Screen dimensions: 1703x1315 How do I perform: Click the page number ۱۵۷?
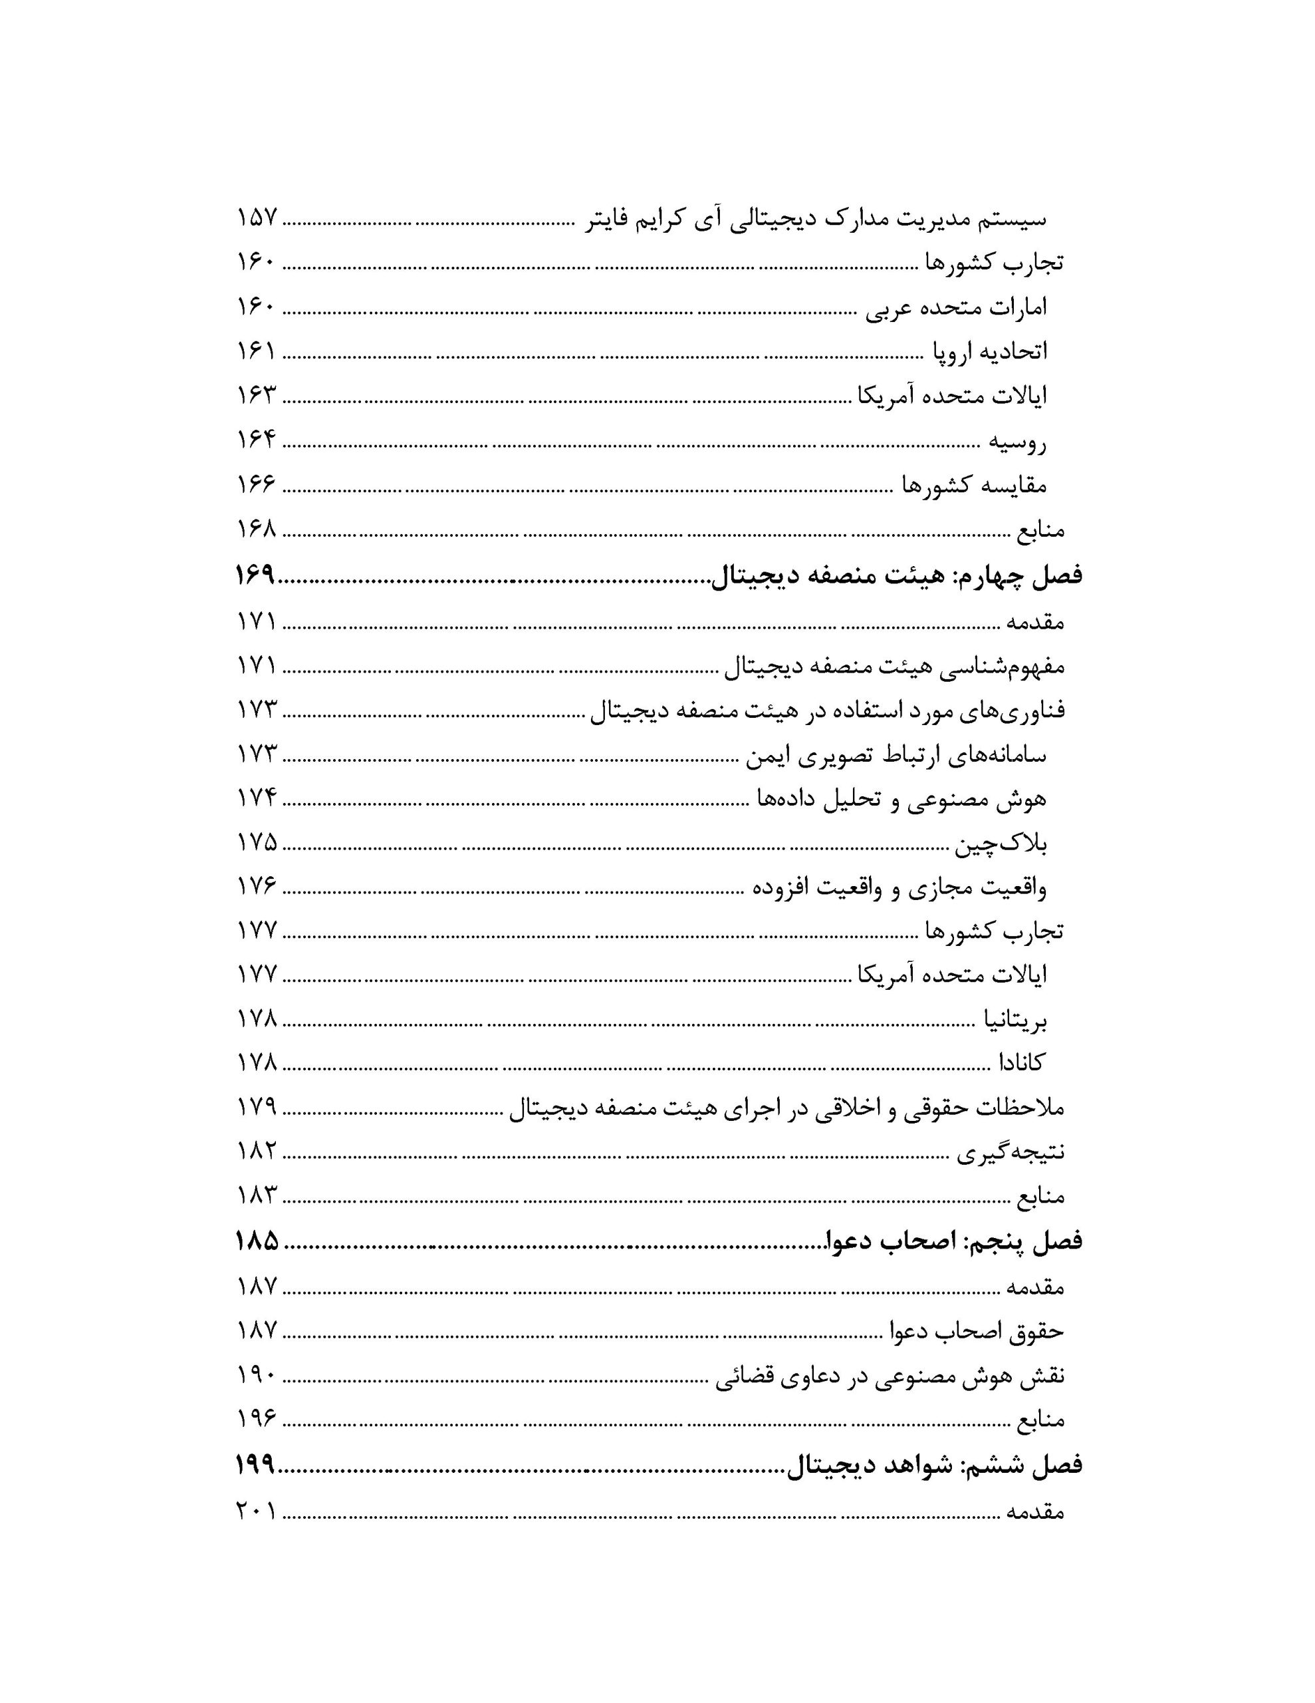(x=257, y=218)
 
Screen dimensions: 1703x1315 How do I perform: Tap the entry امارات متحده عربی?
(x=957, y=307)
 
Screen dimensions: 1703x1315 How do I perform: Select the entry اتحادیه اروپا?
(x=989, y=352)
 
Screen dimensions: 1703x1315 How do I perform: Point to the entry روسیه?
(x=1017, y=442)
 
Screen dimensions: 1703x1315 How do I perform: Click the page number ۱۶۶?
(x=257, y=484)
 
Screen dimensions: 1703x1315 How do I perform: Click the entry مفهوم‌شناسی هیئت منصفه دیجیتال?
(x=894, y=666)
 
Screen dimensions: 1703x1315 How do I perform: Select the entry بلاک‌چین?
(x=1000, y=844)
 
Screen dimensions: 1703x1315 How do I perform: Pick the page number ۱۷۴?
(x=257, y=798)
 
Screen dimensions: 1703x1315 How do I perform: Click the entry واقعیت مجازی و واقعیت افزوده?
(x=899, y=888)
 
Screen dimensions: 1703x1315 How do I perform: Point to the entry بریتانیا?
(x=1013, y=1019)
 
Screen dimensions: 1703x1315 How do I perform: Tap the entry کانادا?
(x=1021, y=1062)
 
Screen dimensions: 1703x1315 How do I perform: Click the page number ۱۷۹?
(x=257, y=1106)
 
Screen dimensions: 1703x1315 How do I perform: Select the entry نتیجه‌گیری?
(x=1011, y=1152)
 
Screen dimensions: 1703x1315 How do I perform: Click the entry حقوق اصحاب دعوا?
(x=977, y=1331)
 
